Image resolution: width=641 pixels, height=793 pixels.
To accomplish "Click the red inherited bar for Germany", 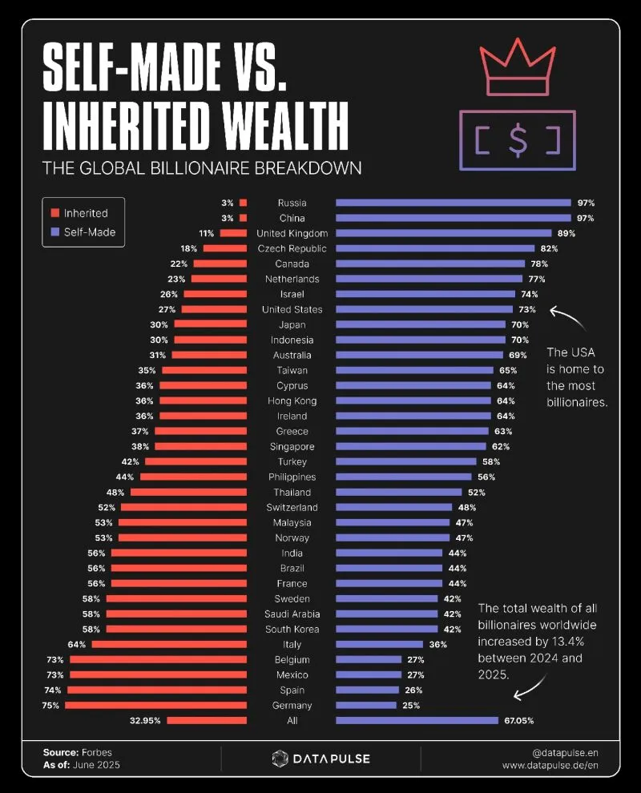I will (x=155, y=706).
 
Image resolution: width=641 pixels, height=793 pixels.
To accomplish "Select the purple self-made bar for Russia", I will (x=453, y=203).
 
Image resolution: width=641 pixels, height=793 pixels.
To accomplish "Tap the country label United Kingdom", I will (x=292, y=234).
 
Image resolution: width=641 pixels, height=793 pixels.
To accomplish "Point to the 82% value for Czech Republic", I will (x=549, y=249).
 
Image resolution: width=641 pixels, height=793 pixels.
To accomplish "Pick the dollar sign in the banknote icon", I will (x=518, y=140).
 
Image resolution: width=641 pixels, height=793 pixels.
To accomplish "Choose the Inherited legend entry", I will (x=85, y=213).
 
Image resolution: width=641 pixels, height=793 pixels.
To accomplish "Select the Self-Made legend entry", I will (x=89, y=232).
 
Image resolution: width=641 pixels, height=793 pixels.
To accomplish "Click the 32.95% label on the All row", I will (x=145, y=721).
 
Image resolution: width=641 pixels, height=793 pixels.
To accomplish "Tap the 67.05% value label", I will (x=518, y=721).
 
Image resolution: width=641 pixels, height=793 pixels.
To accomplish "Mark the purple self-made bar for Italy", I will (x=379, y=645).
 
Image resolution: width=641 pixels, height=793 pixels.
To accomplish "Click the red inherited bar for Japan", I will (x=210, y=325).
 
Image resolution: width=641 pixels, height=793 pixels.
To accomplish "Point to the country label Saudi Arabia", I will (x=292, y=614).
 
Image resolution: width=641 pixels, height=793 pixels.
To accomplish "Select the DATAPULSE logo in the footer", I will (x=320, y=759).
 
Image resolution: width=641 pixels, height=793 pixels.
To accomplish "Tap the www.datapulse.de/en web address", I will (x=550, y=766).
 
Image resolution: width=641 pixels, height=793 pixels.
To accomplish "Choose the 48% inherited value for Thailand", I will (x=115, y=493).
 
